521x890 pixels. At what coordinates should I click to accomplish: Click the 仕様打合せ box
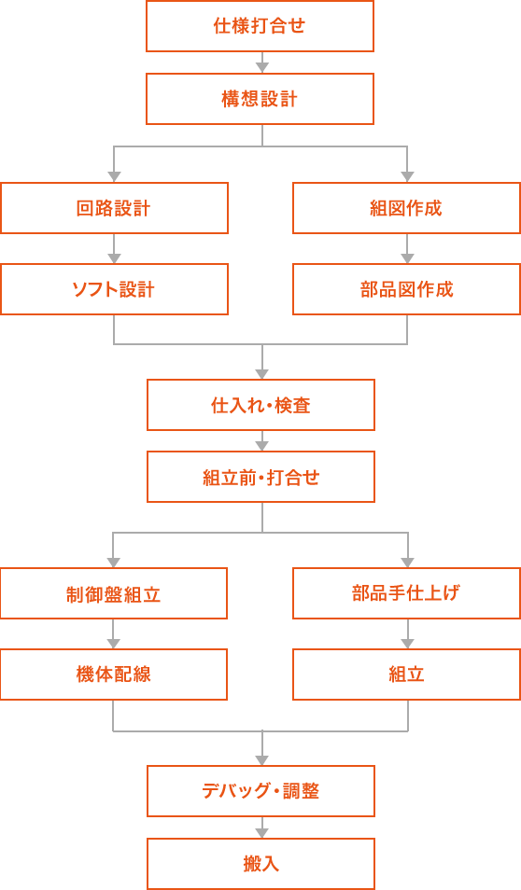[x=260, y=26]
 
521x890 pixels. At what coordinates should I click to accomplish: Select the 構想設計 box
[x=260, y=99]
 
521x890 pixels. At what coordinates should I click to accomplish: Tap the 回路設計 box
[x=114, y=208]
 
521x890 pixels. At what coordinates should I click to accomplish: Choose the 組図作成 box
[x=407, y=208]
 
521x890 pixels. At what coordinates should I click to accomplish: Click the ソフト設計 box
[x=114, y=289]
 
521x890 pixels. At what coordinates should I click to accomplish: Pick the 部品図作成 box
[x=407, y=289]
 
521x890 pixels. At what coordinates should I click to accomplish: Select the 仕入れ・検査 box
[x=260, y=405]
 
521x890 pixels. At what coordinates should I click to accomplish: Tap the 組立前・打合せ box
[x=260, y=477]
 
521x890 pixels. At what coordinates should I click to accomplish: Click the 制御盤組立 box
[x=114, y=593]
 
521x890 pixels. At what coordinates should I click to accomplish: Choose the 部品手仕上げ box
[x=407, y=593]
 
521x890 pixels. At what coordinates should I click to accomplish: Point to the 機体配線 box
[x=114, y=674]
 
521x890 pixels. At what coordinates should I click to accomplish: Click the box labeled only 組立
[x=407, y=674]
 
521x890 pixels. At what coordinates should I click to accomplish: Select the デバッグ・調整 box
[x=260, y=791]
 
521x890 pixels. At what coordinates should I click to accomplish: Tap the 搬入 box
[x=260, y=864]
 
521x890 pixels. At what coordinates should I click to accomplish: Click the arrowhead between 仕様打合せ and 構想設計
[x=262, y=67]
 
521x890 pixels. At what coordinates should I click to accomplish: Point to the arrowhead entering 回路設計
[x=114, y=176]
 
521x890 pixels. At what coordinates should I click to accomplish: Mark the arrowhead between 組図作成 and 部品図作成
[x=407, y=257]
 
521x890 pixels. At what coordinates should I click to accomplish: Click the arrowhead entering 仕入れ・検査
[x=262, y=373]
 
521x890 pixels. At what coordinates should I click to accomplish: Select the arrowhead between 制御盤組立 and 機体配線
[x=113, y=643]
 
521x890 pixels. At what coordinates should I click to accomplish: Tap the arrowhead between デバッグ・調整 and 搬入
[x=262, y=833]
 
